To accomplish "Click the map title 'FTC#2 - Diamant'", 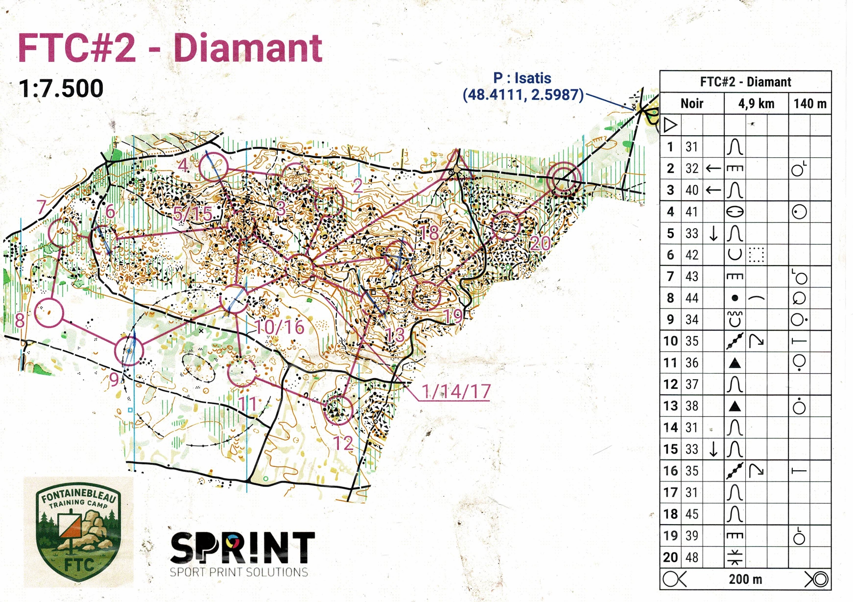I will click(x=170, y=48).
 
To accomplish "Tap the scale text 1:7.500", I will click(x=61, y=89).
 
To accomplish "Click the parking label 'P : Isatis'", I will click(x=522, y=78).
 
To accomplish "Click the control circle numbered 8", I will click(x=49, y=313).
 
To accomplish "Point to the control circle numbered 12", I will click(x=338, y=409).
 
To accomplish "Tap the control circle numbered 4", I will click(x=213, y=167).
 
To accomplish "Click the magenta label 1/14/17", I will click(x=456, y=391).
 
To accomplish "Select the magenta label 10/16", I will click(x=280, y=327).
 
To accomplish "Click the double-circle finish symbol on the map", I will click(x=564, y=179).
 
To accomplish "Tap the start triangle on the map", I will click(x=457, y=163).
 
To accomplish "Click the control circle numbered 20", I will click(x=505, y=225).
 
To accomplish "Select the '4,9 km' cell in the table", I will click(x=756, y=104).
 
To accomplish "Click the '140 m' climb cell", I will click(x=810, y=104).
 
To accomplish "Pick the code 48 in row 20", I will click(x=691, y=557).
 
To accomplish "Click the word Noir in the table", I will click(x=691, y=104).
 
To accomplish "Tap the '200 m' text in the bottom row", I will click(x=745, y=579).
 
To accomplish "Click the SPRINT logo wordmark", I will click(x=242, y=548).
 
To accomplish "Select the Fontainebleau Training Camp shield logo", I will click(x=78, y=532).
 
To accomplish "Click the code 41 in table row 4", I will click(x=691, y=212).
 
